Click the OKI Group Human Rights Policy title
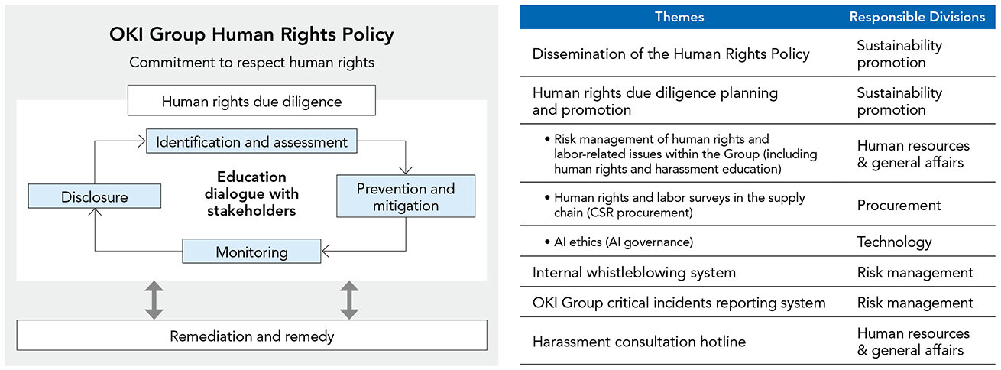251,34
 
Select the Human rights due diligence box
251,101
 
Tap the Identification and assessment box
251,142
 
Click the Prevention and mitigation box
405,196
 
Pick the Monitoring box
251,252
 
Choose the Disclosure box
95,197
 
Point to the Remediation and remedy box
251,336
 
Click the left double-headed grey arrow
154,300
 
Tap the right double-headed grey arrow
349,300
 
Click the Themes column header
679,17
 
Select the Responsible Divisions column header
917,17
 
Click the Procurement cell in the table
899,205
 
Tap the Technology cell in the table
894,242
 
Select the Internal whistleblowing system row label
633,272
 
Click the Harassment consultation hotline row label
639,342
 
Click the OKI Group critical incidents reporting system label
679,303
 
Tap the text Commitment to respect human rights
251,63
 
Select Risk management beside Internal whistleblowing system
915,272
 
